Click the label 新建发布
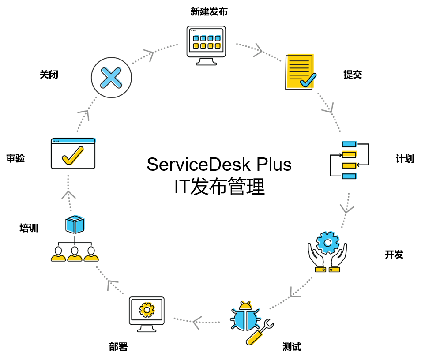tap(209, 12)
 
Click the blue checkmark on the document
tap(308, 80)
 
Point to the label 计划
tap(405, 159)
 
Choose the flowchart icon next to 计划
tap(349, 160)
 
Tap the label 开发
tap(394, 255)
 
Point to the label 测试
tap(292, 347)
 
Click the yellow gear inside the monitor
tap(146, 309)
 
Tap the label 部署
tap(118, 347)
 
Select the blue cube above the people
tap(75, 224)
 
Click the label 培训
tap(29, 228)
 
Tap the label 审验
tap(15, 158)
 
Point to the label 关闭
tap(49, 75)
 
